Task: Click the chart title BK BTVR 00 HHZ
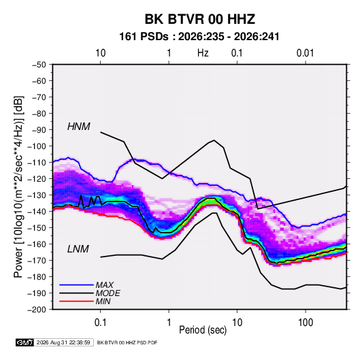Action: click(200, 19)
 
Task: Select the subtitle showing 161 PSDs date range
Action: click(199, 37)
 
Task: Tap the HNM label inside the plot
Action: click(79, 127)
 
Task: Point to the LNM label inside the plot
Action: click(78, 249)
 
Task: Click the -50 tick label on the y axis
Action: click(39, 65)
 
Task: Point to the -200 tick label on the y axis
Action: click(37, 310)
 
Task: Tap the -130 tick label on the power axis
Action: click(37, 195)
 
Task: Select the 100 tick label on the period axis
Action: click(305, 323)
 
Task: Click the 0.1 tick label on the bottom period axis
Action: click(100, 323)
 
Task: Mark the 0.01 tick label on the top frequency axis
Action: click(305, 53)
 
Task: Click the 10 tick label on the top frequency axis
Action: click(101, 53)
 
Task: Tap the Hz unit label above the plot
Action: click(203, 53)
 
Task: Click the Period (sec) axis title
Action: click(203, 330)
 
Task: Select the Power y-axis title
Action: click(18, 186)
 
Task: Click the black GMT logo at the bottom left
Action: click(24, 342)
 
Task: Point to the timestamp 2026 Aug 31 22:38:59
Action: click(63, 342)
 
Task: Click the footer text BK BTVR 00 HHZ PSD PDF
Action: click(127, 342)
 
